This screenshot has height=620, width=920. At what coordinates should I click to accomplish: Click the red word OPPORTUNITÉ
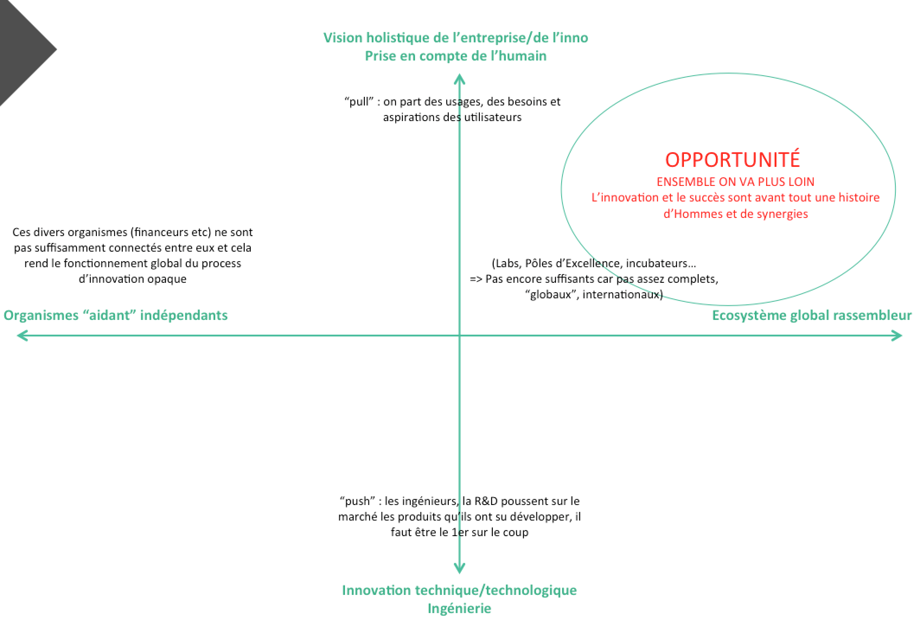pos(732,160)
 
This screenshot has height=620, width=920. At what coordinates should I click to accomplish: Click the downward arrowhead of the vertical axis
pos(459,568)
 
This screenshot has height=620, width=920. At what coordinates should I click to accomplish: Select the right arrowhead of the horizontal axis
pos(898,336)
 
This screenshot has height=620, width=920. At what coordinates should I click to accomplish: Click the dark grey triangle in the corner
pos(22,48)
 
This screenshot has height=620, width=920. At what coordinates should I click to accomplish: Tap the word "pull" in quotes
pos(359,102)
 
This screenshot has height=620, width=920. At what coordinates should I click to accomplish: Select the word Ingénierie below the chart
pos(459,608)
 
